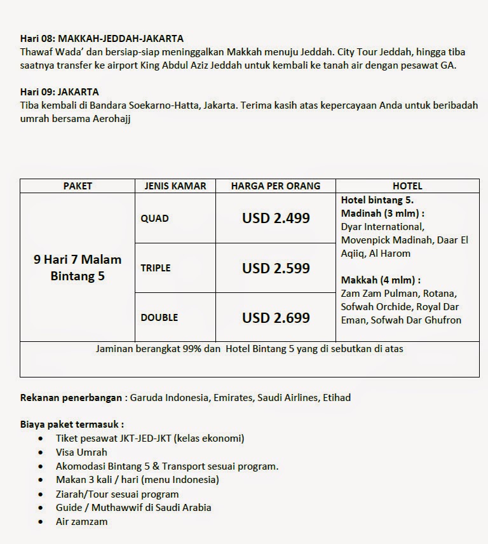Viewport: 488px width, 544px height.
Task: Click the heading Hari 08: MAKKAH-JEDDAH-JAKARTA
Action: click(x=102, y=39)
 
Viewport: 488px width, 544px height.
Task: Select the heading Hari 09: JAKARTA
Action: click(x=59, y=92)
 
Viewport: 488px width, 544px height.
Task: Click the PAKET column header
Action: click(x=78, y=186)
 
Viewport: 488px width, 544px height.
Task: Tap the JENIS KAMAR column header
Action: click(x=175, y=186)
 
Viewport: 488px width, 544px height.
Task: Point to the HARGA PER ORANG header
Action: click(x=275, y=186)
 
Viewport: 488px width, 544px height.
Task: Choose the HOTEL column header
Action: click(x=407, y=186)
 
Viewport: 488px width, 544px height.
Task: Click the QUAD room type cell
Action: click(x=155, y=218)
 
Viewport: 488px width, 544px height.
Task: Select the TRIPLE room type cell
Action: click(x=156, y=268)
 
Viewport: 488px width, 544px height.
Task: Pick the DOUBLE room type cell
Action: click(x=159, y=317)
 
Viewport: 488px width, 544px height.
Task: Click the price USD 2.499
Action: click(x=276, y=218)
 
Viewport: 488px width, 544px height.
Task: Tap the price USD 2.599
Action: click(x=276, y=268)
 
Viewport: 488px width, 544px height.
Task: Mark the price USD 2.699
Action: click(x=276, y=317)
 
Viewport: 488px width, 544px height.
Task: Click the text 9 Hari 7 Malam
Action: click(x=78, y=259)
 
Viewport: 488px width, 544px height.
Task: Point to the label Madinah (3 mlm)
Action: click(x=382, y=213)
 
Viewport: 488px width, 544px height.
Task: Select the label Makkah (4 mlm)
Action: click(x=380, y=280)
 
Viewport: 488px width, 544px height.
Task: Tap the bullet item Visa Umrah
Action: click(x=81, y=452)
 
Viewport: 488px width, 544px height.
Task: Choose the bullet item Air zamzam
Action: click(x=81, y=521)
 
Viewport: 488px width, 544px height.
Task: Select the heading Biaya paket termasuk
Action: click(x=72, y=425)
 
